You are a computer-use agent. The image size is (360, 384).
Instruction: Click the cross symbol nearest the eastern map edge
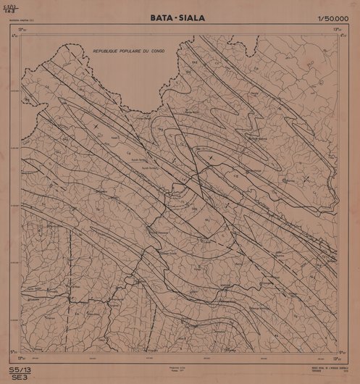307,178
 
